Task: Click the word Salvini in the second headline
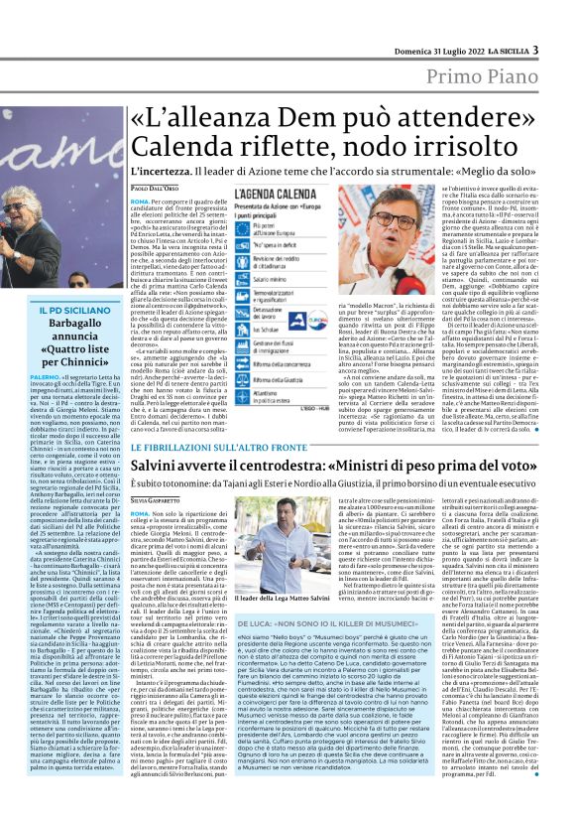coord(166,467)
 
